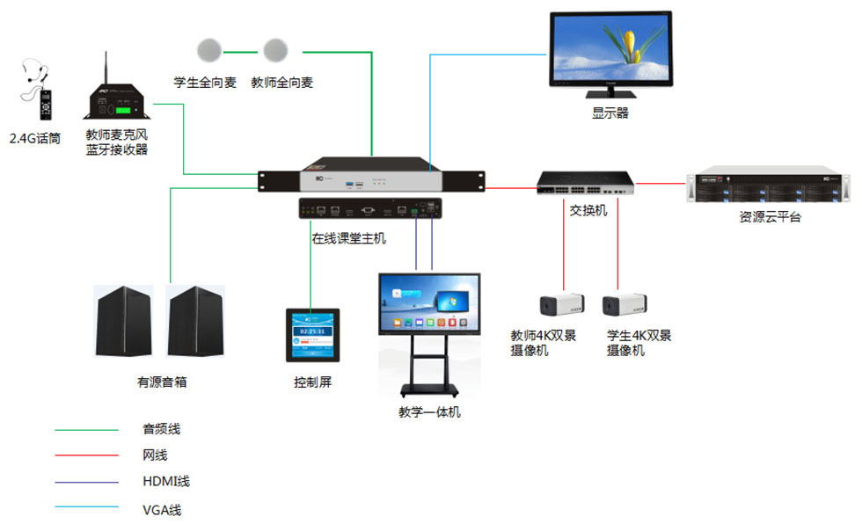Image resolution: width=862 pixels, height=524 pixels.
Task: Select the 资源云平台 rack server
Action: (x=768, y=186)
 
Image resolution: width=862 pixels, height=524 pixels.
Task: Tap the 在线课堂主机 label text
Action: (x=348, y=237)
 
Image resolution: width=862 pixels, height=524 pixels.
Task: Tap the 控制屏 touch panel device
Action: (x=312, y=336)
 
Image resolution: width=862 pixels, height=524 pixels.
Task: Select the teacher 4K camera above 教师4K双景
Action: (x=561, y=305)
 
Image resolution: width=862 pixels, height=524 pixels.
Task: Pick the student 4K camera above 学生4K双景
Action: (x=624, y=305)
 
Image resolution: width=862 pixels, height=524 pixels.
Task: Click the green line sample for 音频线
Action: (x=86, y=431)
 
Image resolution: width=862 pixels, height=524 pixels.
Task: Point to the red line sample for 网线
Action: (x=86, y=455)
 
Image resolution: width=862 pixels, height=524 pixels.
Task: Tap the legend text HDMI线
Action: (x=165, y=481)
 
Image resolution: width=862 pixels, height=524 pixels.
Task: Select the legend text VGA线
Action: (x=163, y=509)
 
